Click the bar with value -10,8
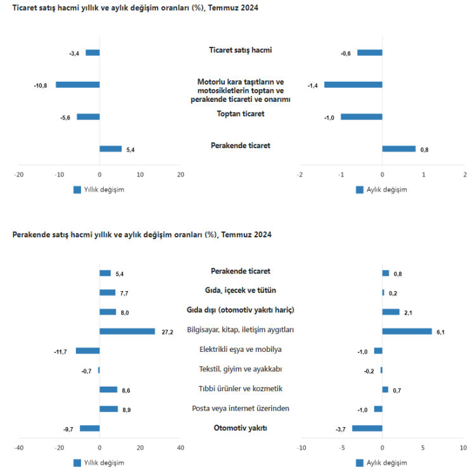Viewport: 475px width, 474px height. [x=77, y=84]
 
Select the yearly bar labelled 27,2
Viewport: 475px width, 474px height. [x=127, y=331]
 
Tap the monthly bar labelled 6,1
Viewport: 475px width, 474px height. [x=407, y=331]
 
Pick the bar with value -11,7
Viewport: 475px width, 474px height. [x=87, y=351]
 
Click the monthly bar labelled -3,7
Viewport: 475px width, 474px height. [x=367, y=428]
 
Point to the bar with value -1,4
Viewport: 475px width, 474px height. [x=353, y=84]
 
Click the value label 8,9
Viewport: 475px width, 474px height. [x=126, y=409]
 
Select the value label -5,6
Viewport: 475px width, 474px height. [x=65, y=117]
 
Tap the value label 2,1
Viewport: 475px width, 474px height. [x=408, y=312]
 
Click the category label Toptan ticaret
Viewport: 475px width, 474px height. [x=240, y=113]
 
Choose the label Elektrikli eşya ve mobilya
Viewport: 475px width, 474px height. [x=240, y=349]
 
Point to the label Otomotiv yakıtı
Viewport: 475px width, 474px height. [x=240, y=428]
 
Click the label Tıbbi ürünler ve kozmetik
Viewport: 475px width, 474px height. [x=240, y=389]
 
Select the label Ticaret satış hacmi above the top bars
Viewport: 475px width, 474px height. [x=240, y=49]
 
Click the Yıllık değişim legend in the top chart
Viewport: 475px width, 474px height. [x=98, y=189]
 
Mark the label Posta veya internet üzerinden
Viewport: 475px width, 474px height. [x=240, y=408]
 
